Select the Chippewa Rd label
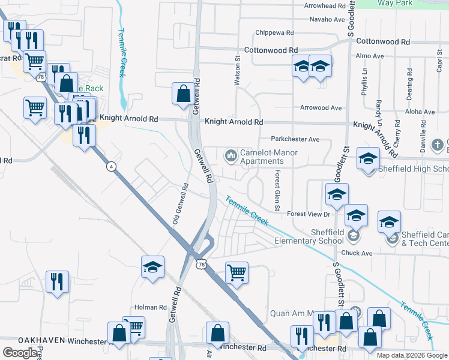click(x=274, y=32)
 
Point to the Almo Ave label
click(x=369, y=56)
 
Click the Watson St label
click(x=238, y=75)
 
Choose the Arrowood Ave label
click(x=321, y=108)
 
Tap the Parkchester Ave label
click(x=295, y=139)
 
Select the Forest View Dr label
click(x=309, y=214)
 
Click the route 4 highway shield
click(x=111, y=166)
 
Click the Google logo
click(x=19, y=353)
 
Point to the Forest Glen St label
click(x=277, y=190)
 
